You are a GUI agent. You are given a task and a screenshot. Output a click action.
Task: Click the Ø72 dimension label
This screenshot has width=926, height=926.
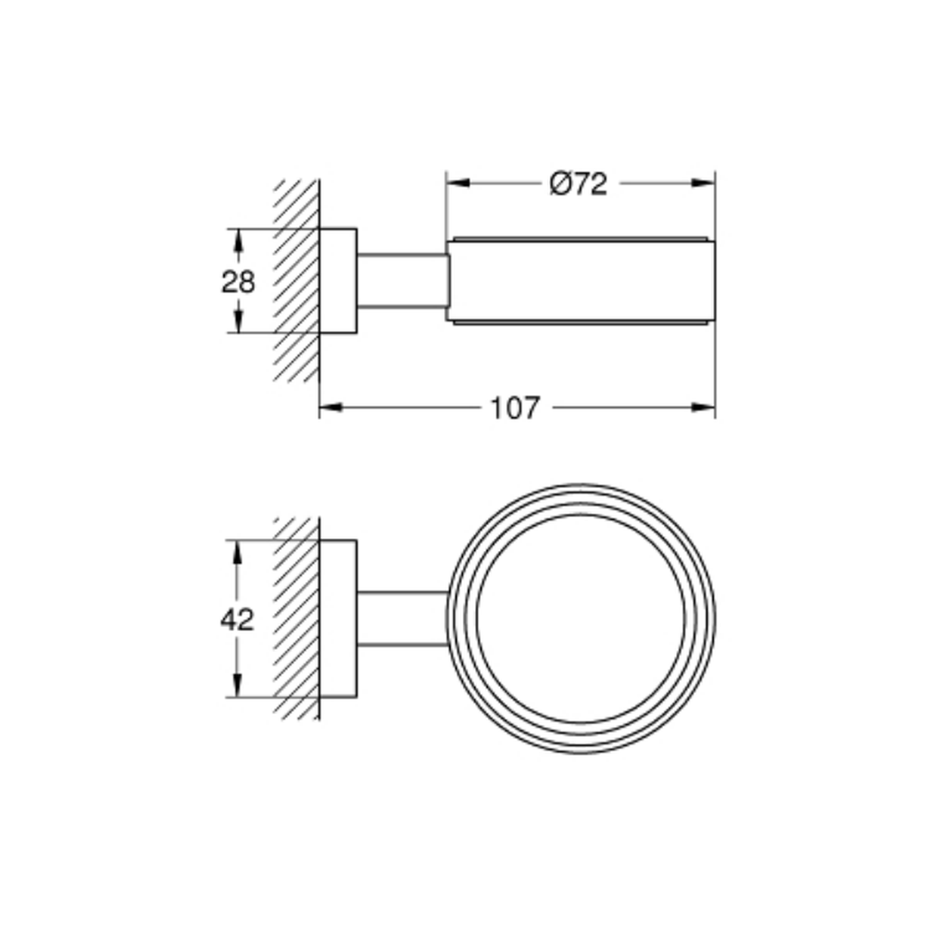point(578,183)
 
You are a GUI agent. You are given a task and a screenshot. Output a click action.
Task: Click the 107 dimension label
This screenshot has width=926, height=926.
point(515,408)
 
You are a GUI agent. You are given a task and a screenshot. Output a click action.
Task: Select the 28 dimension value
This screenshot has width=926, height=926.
point(238,282)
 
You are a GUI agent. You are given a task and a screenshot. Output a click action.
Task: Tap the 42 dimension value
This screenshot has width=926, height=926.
point(237,619)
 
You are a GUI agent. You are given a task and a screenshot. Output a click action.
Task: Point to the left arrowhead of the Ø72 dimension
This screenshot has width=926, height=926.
point(458,183)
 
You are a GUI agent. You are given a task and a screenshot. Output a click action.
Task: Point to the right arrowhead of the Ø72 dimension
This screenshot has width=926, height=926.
point(703,183)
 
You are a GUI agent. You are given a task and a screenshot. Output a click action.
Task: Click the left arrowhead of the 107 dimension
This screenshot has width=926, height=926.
point(331,407)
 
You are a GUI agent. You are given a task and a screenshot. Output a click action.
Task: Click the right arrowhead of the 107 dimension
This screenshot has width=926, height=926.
point(703,407)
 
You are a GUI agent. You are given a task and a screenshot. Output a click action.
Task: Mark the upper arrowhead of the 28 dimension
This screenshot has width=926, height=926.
point(238,241)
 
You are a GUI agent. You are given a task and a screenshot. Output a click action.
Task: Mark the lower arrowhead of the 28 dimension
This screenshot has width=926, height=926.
point(238,320)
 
